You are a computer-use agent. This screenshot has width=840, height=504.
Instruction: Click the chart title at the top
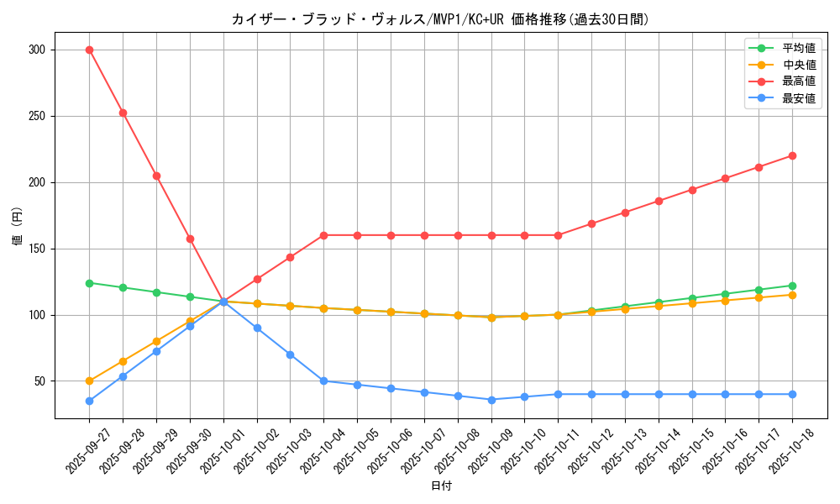pos(440,19)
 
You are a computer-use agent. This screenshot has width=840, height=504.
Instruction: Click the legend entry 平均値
pos(798,49)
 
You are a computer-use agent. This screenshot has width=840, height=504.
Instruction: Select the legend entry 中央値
pos(798,65)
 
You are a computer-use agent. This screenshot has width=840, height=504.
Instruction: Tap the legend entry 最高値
pos(798,81)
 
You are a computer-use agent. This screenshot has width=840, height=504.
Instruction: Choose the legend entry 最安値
pos(798,98)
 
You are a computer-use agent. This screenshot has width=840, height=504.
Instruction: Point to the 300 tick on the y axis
pos(35,50)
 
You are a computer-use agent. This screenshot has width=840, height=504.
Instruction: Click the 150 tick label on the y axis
pos(35,249)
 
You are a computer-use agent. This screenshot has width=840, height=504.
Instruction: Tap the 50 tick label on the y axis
pos(38,381)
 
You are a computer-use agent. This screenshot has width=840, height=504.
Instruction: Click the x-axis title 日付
pos(441,486)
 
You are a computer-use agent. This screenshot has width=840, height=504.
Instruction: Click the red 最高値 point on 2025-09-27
pos(89,50)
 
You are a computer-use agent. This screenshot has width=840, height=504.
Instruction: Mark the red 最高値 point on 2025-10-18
pos(792,155)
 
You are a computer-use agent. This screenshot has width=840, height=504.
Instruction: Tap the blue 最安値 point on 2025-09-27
pos(89,401)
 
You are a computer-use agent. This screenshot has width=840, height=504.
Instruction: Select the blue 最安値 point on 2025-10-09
pos(491,400)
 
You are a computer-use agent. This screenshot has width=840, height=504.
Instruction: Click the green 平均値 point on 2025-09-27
pos(89,283)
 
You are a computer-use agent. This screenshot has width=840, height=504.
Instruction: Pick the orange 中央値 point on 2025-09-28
pos(123,361)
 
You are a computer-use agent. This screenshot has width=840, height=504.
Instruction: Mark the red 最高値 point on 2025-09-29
pos(156,176)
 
